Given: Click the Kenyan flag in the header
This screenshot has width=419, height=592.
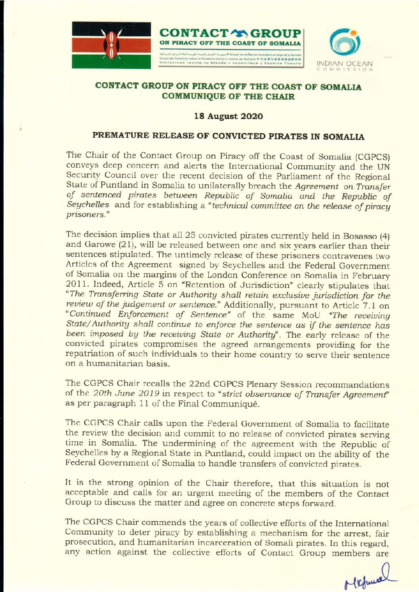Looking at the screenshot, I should point(111,45).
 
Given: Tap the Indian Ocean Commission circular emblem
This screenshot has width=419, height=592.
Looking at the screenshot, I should point(345,42).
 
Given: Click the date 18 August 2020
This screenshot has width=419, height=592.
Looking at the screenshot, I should point(228,116).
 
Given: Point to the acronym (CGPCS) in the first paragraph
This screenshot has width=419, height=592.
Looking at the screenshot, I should point(373,157).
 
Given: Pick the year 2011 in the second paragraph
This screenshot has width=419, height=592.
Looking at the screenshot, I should point(74,285).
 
